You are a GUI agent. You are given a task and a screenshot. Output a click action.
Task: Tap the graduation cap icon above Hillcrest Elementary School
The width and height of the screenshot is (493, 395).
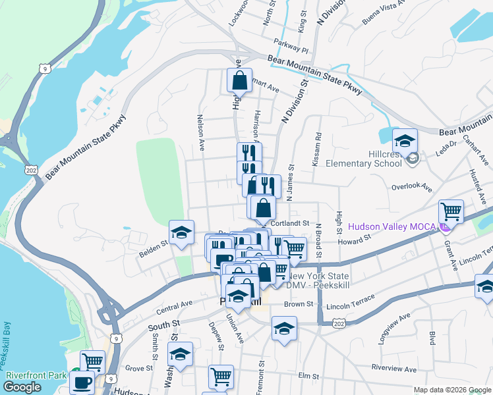[405, 140]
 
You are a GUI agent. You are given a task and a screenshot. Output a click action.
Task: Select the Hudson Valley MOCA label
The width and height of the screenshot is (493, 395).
[392, 226]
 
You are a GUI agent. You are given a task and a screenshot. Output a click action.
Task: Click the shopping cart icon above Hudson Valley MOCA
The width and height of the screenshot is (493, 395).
[451, 211]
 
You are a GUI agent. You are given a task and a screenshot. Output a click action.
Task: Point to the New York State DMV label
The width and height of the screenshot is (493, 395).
[318, 280]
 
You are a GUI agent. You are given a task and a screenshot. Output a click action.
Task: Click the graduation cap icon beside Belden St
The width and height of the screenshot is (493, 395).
[181, 232]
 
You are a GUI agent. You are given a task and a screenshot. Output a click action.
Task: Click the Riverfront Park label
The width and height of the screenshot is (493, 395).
[36, 375]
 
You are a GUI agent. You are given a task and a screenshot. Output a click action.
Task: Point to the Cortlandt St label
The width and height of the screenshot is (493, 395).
[290, 223]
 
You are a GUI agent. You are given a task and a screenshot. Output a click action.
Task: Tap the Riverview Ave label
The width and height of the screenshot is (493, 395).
[394, 369]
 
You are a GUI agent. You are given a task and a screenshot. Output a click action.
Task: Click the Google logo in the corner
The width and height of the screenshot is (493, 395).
[22, 386]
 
